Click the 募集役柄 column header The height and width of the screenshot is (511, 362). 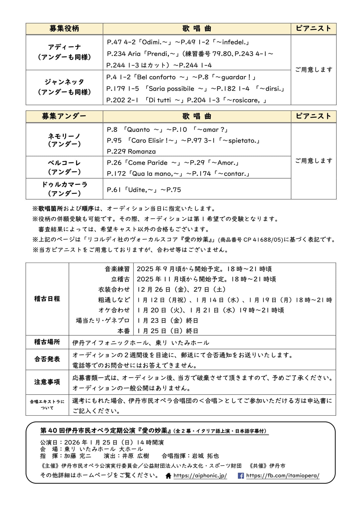(x=64, y=29)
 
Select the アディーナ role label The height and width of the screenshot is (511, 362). (x=64, y=47)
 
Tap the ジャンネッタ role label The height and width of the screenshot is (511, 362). (x=64, y=82)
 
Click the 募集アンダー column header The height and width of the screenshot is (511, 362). (x=64, y=116)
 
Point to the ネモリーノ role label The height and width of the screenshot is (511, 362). (x=64, y=136)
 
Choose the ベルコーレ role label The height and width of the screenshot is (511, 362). (x=64, y=163)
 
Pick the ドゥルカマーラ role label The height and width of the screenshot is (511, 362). (x=64, y=185)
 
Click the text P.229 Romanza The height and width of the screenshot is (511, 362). (x=131, y=151)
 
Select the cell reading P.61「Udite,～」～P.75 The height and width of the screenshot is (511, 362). (x=144, y=190)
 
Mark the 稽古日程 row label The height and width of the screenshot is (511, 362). (x=47, y=299)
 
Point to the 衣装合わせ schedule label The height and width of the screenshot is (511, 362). (x=114, y=290)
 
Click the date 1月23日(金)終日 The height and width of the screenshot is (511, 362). (x=168, y=321)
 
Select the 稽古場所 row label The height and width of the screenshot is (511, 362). (x=47, y=342)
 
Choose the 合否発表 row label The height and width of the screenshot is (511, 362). (x=47, y=359)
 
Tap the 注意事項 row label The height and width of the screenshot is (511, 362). (x=47, y=382)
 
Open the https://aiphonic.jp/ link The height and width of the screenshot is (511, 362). (x=200, y=476)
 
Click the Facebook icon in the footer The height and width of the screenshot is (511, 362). (x=241, y=476)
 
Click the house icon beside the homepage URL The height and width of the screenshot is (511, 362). (x=168, y=476)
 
